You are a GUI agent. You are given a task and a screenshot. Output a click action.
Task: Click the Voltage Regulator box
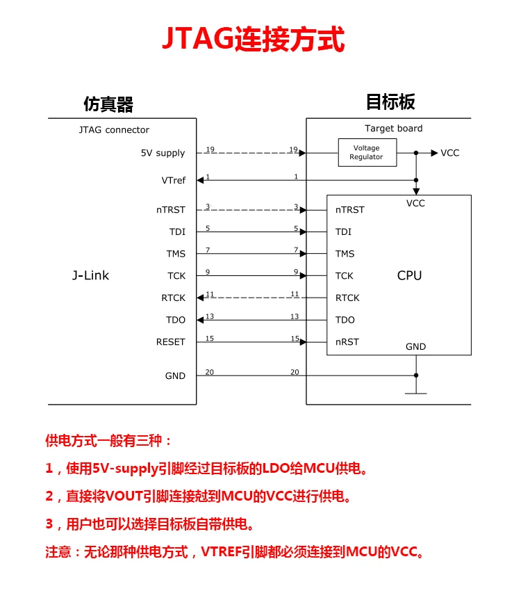[x=367, y=153]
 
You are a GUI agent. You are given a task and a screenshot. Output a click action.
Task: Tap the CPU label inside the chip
[x=409, y=275]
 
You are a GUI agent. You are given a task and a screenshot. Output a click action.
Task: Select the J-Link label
[x=90, y=275]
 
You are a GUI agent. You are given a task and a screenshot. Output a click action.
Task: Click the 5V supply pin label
[x=163, y=153]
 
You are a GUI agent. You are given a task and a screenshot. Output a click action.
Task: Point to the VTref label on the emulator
[x=174, y=181]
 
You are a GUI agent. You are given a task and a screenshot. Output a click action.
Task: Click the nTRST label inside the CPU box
[x=349, y=210]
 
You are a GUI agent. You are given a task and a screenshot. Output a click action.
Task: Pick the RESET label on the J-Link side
[x=170, y=342]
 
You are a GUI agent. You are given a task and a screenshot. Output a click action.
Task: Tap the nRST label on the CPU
[x=347, y=342]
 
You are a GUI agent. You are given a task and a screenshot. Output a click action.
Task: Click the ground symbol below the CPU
[x=416, y=393]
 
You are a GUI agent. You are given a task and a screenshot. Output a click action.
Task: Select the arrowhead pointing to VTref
[x=200, y=180]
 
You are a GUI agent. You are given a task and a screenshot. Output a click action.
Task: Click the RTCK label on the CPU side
[x=347, y=298]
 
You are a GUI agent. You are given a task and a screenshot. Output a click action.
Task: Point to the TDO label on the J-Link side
[x=176, y=320]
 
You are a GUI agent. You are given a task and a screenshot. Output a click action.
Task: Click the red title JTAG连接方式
[x=254, y=39]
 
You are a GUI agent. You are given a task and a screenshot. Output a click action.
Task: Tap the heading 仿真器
[x=108, y=104]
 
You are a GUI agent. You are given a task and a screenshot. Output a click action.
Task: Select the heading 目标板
[x=390, y=102]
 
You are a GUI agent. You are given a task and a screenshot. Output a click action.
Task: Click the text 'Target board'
[x=393, y=129]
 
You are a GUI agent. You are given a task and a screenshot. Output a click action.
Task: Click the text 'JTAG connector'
[x=114, y=130]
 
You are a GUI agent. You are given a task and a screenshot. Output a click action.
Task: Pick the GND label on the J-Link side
[x=175, y=375]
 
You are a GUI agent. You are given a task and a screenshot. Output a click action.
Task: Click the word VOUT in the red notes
[x=124, y=496]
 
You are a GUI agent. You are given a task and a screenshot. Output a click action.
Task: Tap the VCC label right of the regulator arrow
[x=450, y=153]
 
